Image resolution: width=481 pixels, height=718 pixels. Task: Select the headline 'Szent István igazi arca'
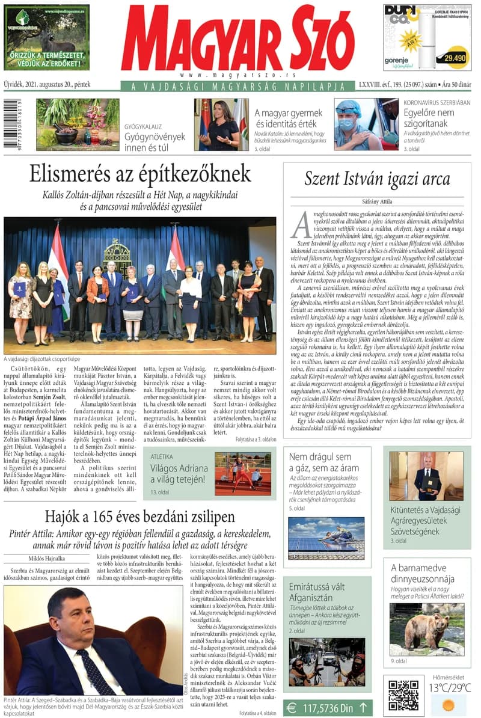pyautogui.click(x=377, y=179)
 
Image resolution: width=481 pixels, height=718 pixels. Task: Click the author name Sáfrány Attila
pyautogui.click(x=377, y=203)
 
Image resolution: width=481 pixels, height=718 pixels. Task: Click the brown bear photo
pyautogui.click(x=427, y=628)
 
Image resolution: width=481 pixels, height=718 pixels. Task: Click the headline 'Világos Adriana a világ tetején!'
pyautogui.click(x=170, y=473)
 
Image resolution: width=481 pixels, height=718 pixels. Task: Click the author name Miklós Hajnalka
pyautogui.click(x=31, y=559)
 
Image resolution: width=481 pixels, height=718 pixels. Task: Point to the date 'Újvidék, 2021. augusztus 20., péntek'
pyautogui.click(x=47, y=85)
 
